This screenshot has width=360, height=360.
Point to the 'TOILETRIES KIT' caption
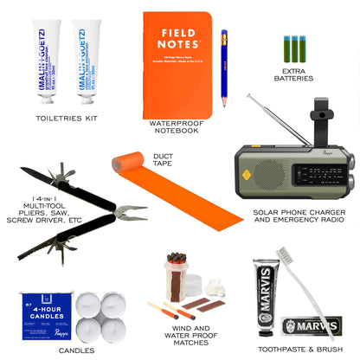67,117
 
